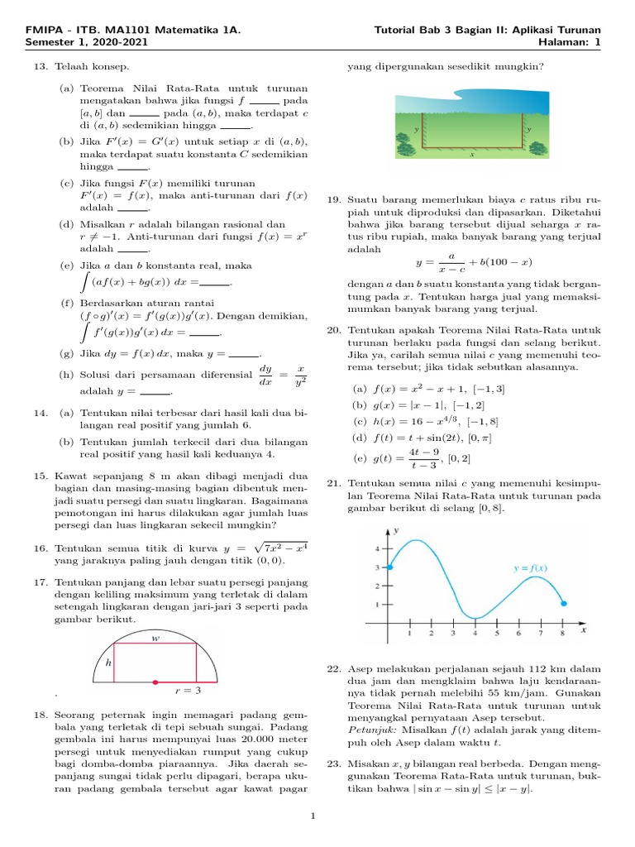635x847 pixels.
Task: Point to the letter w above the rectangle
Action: click(x=155, y=638)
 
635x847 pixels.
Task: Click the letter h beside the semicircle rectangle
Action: click(x=107, y=663)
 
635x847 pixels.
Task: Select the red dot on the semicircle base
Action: click(x=155, y=682)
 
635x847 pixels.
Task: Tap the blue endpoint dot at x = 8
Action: click(x=563, y=603)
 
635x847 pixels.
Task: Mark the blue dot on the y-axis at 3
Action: click(x=389, y=567)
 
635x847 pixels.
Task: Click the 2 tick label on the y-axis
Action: click(x=379, y=586)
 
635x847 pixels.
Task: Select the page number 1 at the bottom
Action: click(x=313, y=817)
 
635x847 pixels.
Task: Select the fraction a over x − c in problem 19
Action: click(x=451, y=262)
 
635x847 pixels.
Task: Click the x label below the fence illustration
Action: click(x=472, y=154)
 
